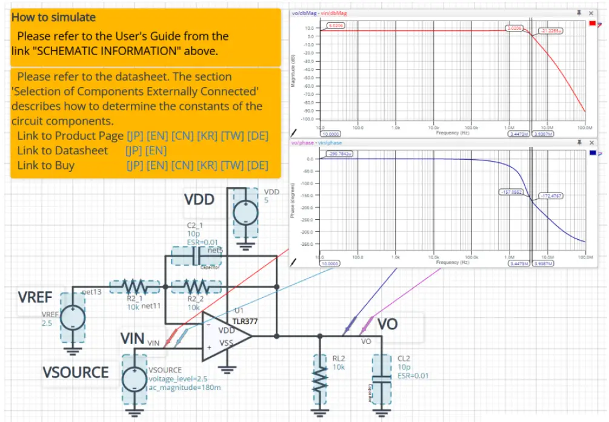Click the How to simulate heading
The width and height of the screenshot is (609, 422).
[x=53, y=18]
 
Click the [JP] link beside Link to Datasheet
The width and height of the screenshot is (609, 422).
[x=133, y=150]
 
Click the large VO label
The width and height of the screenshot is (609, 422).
[x=388, y=324]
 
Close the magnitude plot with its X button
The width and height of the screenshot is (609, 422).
[x=591, y=13]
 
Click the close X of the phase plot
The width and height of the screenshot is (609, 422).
[x=591, y=143]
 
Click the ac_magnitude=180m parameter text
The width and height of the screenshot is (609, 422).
[x=176, y=387]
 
